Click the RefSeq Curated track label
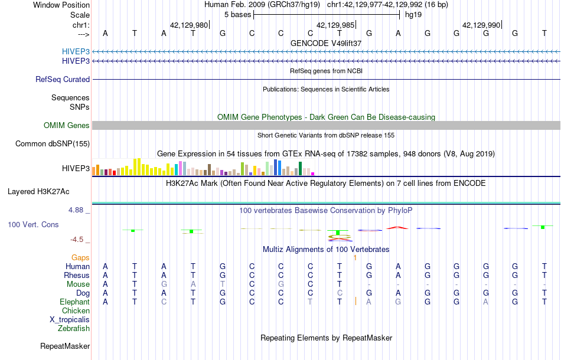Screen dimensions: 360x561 (x=63, y=79)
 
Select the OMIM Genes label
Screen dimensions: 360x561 (x=67, y=125)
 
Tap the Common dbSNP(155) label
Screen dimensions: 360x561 (x=53, y=143)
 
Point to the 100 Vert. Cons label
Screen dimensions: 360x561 (x=33, y=225)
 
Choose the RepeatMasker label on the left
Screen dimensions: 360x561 (x=65, y=346)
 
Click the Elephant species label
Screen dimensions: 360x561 (x=74, y=302)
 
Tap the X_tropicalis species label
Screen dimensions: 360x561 (x=70, y=319)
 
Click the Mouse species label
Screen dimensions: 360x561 (x=78, y=284)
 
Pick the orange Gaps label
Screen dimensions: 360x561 (x=80, y=257)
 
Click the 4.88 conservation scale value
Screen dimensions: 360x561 (x=79, y=210)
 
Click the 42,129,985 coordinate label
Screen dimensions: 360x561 (x=335, y=25)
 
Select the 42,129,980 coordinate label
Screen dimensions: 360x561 (x=189, y=25)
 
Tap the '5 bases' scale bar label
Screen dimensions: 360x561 (x=237, y=14)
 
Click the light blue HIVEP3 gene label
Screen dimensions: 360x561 (x=76, y=51)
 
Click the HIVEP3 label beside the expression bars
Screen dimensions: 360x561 (x=76, y=169)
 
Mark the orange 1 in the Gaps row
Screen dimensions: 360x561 (x=355, y=258)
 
